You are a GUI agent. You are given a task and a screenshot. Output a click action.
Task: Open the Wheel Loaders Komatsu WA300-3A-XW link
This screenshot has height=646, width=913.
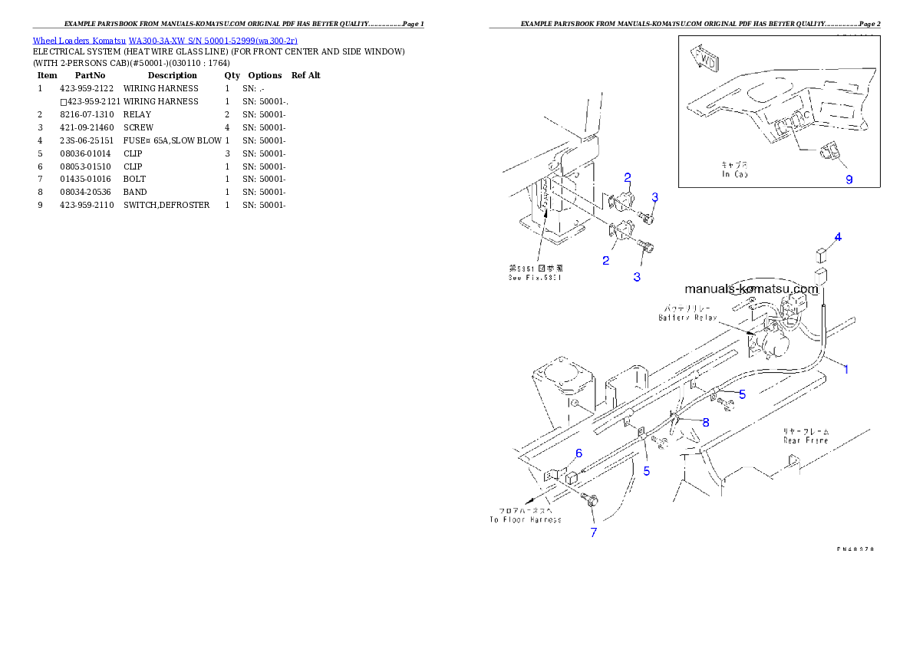(x=165, y=41)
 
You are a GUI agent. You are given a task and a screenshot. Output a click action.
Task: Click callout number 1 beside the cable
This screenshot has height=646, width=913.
(x=846, y=369)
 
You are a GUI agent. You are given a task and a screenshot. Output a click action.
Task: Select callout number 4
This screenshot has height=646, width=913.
(x=838, y=237)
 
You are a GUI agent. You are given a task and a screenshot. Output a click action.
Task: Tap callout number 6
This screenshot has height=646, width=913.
(x=578, y=453)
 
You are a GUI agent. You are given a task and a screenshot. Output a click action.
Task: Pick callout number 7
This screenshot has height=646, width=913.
(x=593, y=532)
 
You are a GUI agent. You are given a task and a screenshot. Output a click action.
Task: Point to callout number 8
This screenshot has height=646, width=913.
(x=705, y=422)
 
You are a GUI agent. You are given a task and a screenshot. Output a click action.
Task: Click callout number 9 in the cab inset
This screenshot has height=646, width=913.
(x=849, y=180)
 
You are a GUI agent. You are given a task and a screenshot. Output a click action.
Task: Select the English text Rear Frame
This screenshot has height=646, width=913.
(x=805, y=440)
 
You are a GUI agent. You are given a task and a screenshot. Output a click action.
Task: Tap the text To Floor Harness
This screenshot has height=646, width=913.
(x=526, y=519)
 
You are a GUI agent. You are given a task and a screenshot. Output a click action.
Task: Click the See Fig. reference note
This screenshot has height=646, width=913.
(x=535, y=278)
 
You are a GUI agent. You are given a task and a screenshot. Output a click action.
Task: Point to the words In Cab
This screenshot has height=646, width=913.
(x=737, y=174)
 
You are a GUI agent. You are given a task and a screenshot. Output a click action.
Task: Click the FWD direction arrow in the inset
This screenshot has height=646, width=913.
(x=704, y=58)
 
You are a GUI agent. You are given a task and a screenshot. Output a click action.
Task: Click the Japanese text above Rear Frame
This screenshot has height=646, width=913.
(x=805, y=431)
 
